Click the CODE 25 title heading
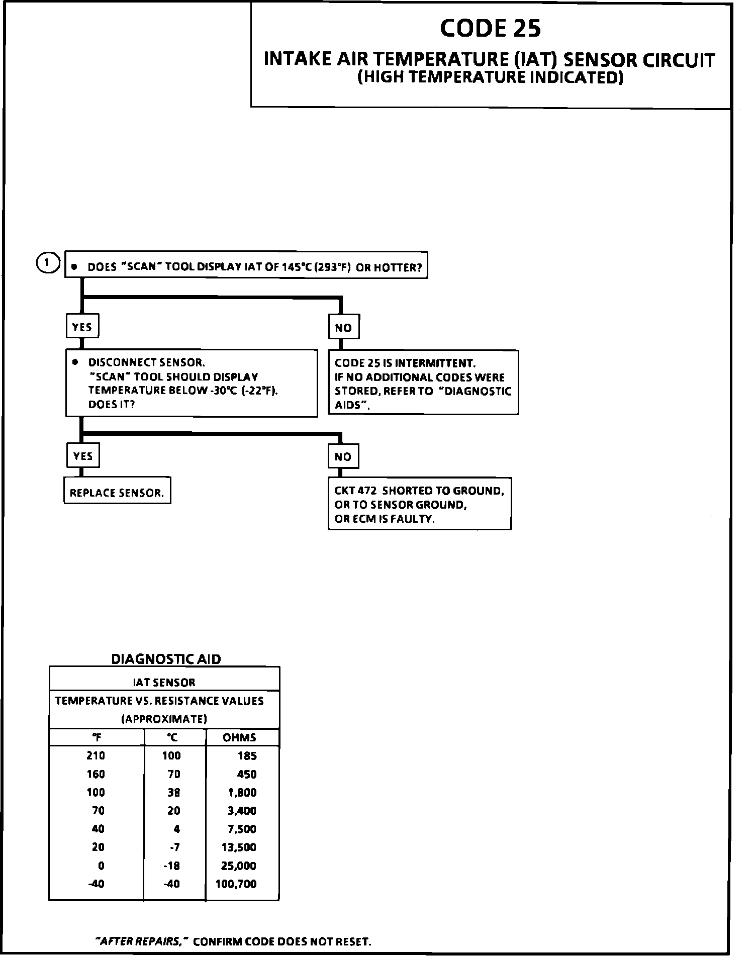coord(490,28)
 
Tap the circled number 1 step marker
coord(47,262)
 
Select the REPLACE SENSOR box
coord(117,493)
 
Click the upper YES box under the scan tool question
coord(82,327)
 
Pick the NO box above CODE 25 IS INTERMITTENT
coord(343,328)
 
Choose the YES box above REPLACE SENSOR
coord(83,456)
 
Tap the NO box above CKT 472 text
coord(343,456)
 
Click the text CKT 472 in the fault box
coord(355,491)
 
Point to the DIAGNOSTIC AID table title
coord(166,659)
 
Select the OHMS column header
coord(239,737)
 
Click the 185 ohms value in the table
coord(247,756)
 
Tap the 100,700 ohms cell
coord(236,884)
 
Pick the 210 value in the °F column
coord(96,755)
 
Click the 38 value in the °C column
coord(174,793)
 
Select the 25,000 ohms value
coord(238,866)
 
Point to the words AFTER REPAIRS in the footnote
coord(141,941)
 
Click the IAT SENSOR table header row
coord(164,682)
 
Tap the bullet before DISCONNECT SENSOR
coord(75,362)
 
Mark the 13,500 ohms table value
coord(239,847)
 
